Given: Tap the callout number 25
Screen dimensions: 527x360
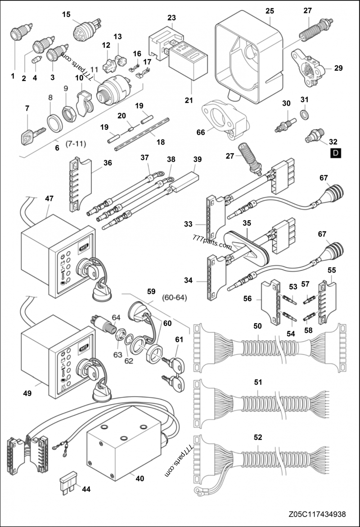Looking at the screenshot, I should [270, 10].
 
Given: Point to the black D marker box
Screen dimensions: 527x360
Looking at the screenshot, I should [335, 153].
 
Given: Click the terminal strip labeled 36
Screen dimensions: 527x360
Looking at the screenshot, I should [76, 185].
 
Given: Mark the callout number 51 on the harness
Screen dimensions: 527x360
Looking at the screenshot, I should [258, 382].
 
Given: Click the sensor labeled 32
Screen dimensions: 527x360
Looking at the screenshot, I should [313, 135].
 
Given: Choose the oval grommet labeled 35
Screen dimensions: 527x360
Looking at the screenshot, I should [245, 245].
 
